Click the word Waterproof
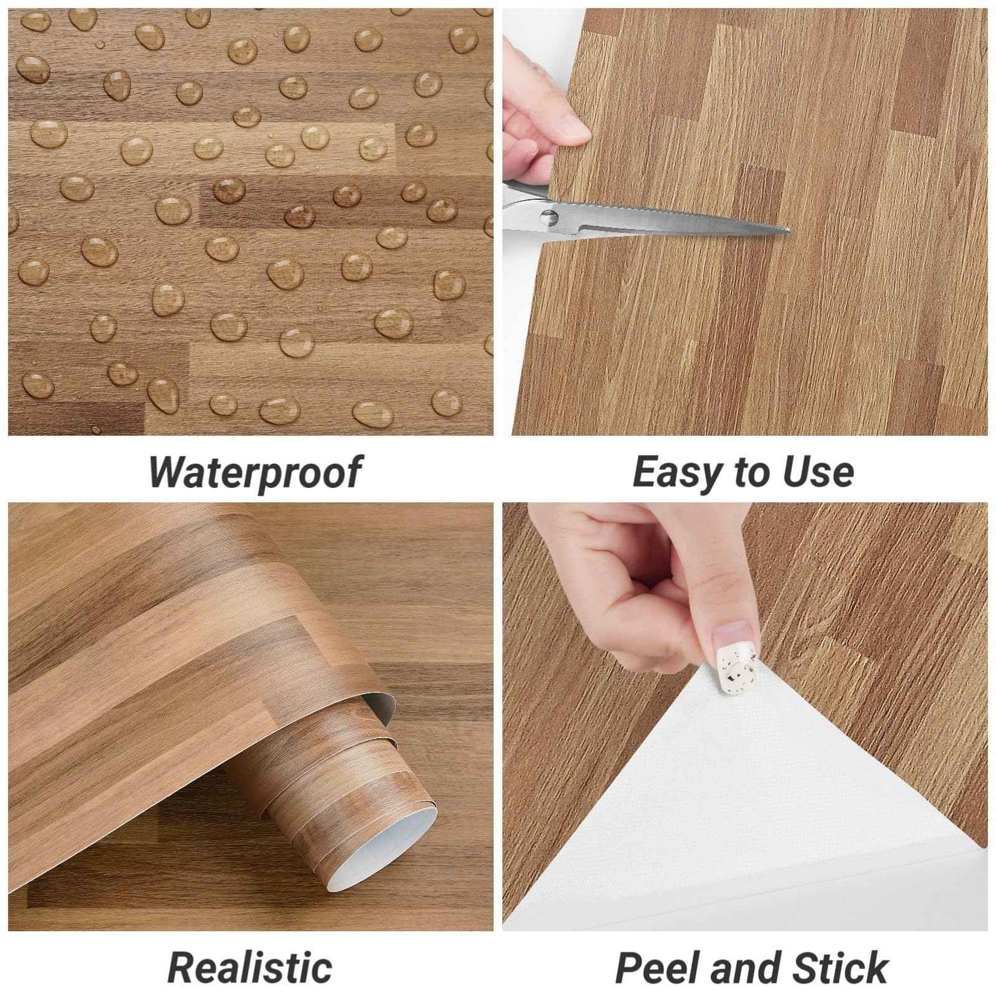pyautogui.click(x=254, y=473)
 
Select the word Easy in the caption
pyautogui.click(x=678, y=473)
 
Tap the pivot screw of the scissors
pyautogui.click(x=547, y=218)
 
